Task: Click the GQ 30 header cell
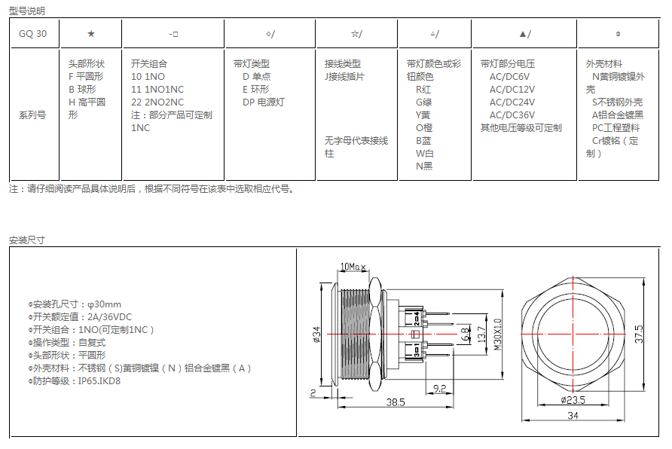(x=33, y=34)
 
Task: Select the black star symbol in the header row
(x=91, y=34)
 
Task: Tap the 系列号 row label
(x=32, y=115)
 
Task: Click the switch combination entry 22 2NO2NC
(x=157, y=102)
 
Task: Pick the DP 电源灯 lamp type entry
(x=264, y=102)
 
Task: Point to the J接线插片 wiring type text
(x=344, y=77)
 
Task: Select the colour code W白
(x=425, y=154)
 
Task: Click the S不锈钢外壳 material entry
(x=617, y=102)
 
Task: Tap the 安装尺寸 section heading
(x=27, y=240)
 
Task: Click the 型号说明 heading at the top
(x=27, y=11)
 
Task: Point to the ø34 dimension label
(x=316, y=334)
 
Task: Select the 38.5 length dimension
(x=396, y=402)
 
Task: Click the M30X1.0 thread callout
(x=497, y=334)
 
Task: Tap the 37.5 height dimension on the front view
(x=639, y=334)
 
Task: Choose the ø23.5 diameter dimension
(x=573, y=400)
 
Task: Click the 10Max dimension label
(x=353, y=267)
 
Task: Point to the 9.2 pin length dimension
(x=440, y=389)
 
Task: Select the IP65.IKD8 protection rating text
(x=99, y=381)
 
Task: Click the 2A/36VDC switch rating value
(x=110, y=317)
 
